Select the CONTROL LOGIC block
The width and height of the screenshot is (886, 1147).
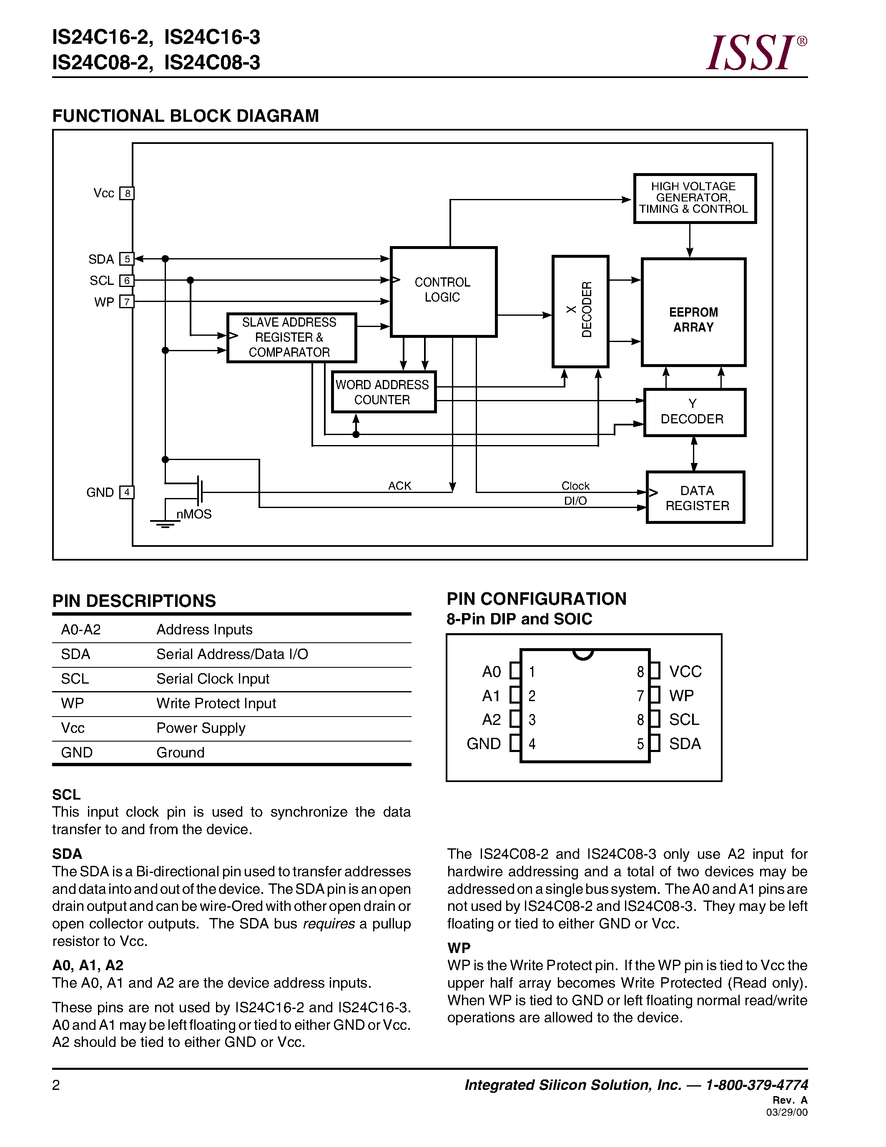444,292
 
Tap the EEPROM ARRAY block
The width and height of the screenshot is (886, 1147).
693,313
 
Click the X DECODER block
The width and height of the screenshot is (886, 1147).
580,311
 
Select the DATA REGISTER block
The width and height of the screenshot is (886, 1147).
695,497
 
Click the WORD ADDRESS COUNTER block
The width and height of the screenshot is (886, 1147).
383,392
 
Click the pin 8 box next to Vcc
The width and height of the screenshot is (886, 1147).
127,193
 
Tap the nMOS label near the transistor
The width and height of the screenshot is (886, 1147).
194,514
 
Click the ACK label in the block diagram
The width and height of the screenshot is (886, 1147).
399,486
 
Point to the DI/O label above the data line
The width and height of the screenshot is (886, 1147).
575,501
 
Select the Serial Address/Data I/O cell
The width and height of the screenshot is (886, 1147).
232,654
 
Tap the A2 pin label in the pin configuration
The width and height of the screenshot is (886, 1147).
491,719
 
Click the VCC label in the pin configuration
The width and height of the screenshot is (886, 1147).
685,671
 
